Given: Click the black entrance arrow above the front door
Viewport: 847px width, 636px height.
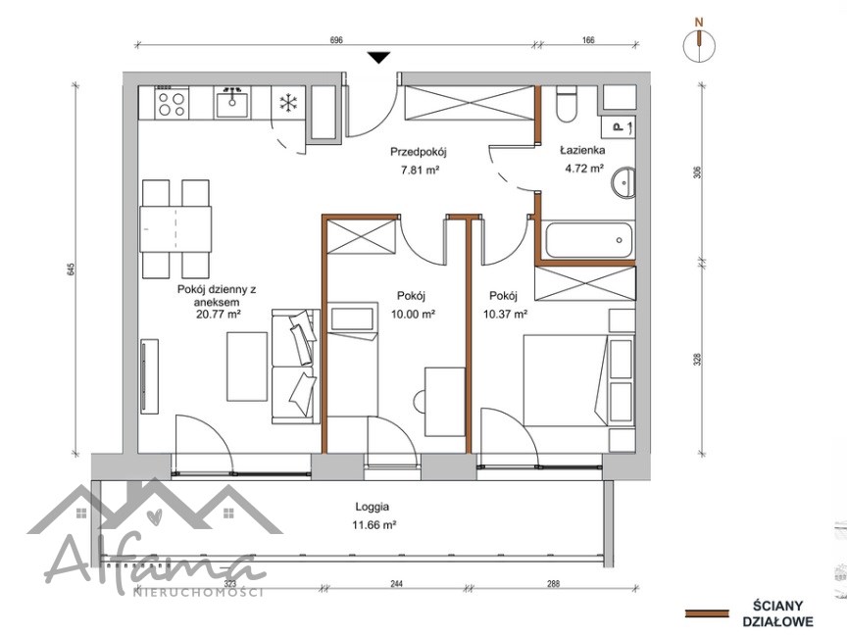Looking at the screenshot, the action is pyautogui.click(x=378, y=57).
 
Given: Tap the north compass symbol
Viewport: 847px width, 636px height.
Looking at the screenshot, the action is pyautogui.click(x=699, y=43).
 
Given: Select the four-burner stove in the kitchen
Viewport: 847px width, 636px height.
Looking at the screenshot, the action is pyautogui.click(x=172, y=103).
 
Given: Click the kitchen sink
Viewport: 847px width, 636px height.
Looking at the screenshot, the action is pyautogui.click(x=232, y=103).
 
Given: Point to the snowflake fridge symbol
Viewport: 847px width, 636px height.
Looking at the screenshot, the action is pyautogui.click(x=289, y=103).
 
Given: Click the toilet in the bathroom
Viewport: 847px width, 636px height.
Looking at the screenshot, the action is pyautogui.click(x=568, y=104).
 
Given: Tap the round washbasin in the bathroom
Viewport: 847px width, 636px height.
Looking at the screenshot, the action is pyautogui.click(x=623, y=182).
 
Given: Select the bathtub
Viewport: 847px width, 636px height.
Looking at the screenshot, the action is pyautogui.click(x=588, y=241).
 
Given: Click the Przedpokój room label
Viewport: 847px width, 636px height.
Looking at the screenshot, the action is pyautogui.click(x=419, y=152).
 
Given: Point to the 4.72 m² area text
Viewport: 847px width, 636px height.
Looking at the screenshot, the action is pyautogui.click(x=584, y=169).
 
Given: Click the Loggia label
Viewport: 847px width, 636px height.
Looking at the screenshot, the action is pyautogui.click(x=373, y=507).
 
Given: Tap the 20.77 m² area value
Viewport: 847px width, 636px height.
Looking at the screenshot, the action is pyautogui.click(x=218, y=314).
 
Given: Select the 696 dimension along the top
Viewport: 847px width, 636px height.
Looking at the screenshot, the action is pyautogui.click(x=336, y=39).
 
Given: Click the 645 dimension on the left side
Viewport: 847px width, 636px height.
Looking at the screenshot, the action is pyautogui.click(x=71, y=269).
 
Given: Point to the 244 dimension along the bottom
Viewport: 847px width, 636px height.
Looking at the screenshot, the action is pyautogui.click(x=396, y=584).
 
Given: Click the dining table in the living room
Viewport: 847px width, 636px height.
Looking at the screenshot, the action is pyautogui.click(x=175, y=229).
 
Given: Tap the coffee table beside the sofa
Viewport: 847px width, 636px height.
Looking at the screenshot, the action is pyautogui.click(x=247, y=367).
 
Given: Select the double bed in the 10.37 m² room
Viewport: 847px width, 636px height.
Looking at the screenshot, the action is pyautogui.click(x=578, y=380).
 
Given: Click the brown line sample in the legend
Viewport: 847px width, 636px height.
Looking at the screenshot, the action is pyautogui.click(x=706, y=613).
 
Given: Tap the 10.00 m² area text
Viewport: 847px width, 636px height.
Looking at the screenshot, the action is pyautogui.click(x=414, y=314).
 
